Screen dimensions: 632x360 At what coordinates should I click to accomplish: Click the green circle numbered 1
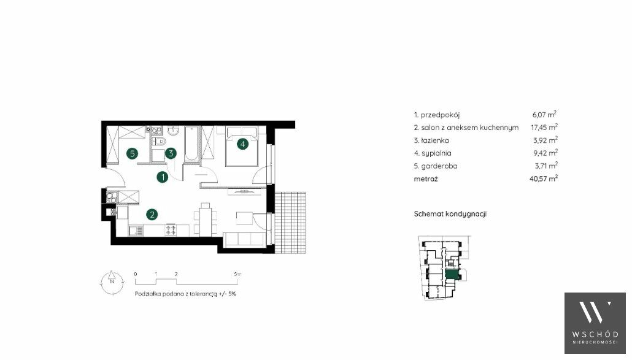point(163,177)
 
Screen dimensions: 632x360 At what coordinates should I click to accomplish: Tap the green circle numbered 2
point(152,214)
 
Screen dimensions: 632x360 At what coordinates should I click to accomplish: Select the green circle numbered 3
point(171,153)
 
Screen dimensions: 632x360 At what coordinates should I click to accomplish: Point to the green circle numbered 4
point(242,144)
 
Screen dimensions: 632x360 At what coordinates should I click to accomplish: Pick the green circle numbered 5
point(132,153)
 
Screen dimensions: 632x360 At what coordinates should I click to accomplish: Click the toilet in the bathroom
point(159,141)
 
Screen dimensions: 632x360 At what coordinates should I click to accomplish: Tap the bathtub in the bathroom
point(192,144)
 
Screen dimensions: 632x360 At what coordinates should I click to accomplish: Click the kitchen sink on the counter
point(136,231)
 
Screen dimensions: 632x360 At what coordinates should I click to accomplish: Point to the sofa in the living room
point(244,240)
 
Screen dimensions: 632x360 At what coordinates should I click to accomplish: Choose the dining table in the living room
point(205,219)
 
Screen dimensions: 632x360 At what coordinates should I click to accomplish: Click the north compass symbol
point(112,282)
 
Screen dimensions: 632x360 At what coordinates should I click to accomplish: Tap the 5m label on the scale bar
point(237,274)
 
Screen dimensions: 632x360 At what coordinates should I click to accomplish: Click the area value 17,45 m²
point(544,127)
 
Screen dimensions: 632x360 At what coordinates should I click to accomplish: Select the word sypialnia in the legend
point(436,153)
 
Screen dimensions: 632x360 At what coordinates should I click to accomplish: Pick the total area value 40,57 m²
point(544,178)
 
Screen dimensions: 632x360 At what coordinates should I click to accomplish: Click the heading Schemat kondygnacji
point(450,214)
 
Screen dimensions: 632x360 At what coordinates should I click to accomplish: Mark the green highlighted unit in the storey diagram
point(452,275)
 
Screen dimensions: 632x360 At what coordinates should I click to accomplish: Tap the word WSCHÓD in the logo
point(595,334)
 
